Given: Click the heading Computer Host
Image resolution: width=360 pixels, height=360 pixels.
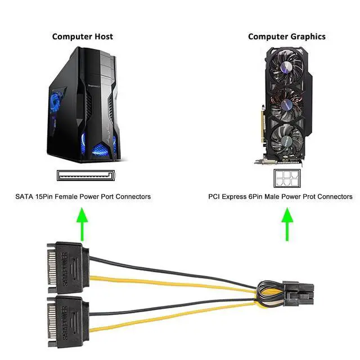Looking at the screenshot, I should tap(82, 37).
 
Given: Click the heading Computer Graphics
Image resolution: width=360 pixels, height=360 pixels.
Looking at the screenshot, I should tap(286, 37).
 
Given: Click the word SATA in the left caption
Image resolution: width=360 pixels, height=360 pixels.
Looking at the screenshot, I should tap(25, 197).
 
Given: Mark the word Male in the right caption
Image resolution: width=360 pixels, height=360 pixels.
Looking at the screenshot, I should tap(272, 197).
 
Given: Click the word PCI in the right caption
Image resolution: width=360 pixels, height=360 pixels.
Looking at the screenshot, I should tap(214, 197).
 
